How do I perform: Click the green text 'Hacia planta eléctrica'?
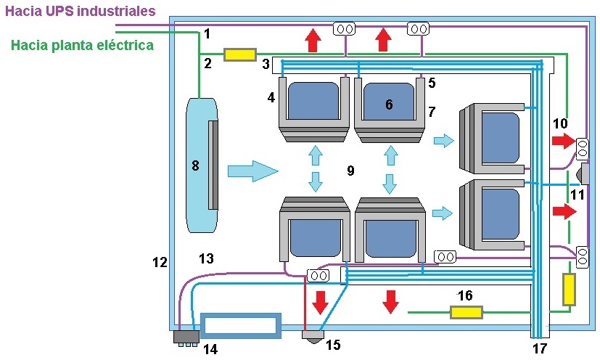(x=83, y=45)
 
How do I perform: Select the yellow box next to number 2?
(x=240, y=54)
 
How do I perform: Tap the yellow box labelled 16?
(x=467, y=312)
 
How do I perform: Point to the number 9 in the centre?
(x=350, y=171)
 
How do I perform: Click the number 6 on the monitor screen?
(x=389, y=105)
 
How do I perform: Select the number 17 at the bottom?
(x=539, y=349)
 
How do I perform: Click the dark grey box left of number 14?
(x=187, y=337)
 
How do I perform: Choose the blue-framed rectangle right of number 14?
(x=240, y=325)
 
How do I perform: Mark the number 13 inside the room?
(x=206, y=258)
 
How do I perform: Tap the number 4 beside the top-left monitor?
(x=271, y=97)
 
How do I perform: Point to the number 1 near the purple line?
(x=207, y=33)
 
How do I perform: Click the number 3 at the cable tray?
(x=266, y=65)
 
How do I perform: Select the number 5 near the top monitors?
(x=432, y=83)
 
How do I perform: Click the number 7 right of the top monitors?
(x=432, y=112)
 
